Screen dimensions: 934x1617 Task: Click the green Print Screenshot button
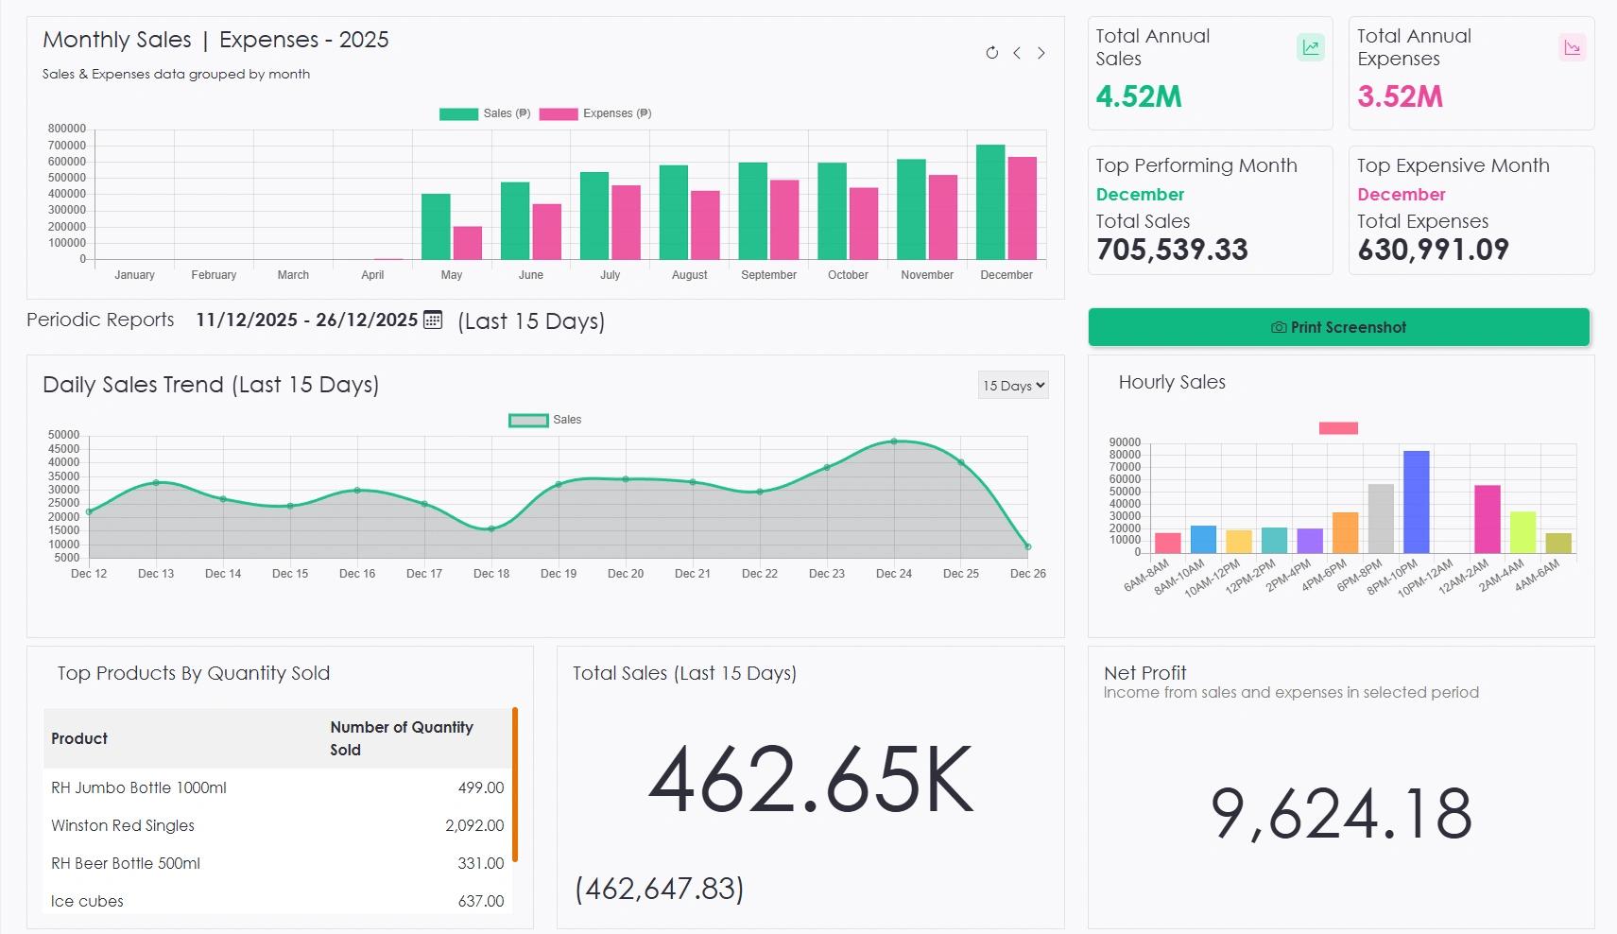click(1338, 327)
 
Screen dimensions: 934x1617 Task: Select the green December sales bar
click(990, 202)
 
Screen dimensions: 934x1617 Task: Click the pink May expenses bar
click(468, 243)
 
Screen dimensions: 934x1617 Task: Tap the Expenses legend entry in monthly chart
click(595, 113)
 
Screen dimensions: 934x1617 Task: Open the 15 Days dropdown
click(1013, 386)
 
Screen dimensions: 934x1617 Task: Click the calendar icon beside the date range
click(433, 320)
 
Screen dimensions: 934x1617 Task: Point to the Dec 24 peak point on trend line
click(894, 441)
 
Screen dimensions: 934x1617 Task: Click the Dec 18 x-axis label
click(491, 574)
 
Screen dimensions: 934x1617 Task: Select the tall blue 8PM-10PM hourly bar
click(1417, 502)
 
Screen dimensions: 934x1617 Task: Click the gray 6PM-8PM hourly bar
click(1381, 518)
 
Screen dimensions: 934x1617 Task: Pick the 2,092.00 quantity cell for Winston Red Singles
click(474, 825)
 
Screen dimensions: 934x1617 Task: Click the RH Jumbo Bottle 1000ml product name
click(139, 787)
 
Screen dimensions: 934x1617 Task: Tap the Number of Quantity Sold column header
click(402, 738)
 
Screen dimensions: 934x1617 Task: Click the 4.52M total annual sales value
click(1139, 96)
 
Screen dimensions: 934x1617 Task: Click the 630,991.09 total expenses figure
click(1433, 250)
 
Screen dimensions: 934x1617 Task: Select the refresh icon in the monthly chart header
click(991, 53)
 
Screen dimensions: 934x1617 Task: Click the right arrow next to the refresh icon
click(1041, 53)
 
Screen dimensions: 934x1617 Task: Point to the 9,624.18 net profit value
click(1341, 814)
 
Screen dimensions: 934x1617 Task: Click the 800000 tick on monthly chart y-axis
click(67, 129)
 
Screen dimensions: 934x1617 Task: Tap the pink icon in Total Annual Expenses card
click(1572, 47)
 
